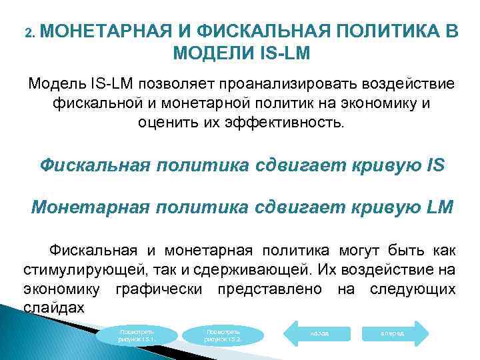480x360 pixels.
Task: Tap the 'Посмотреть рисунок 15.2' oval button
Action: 223,335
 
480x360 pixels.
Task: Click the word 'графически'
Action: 157,289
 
